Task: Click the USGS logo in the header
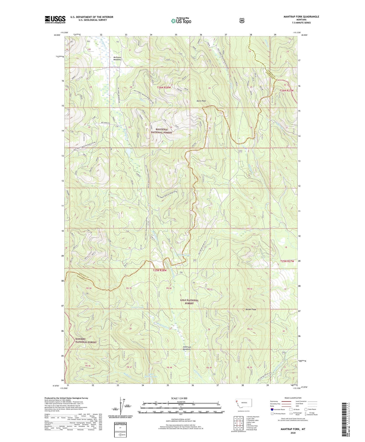tap(55, 19)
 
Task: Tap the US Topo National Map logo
tap(181, 21)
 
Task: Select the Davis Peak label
tap(201, 101)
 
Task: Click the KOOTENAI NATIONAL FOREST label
tap(161, 131)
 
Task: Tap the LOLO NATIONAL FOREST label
tap(189, 302)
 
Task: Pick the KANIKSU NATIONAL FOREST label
tap(86, 340)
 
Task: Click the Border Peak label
tap(251, 309)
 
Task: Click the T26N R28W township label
tap(164, 87)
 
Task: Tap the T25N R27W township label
tap(287, 261)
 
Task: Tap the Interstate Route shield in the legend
tap(272, 409)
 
